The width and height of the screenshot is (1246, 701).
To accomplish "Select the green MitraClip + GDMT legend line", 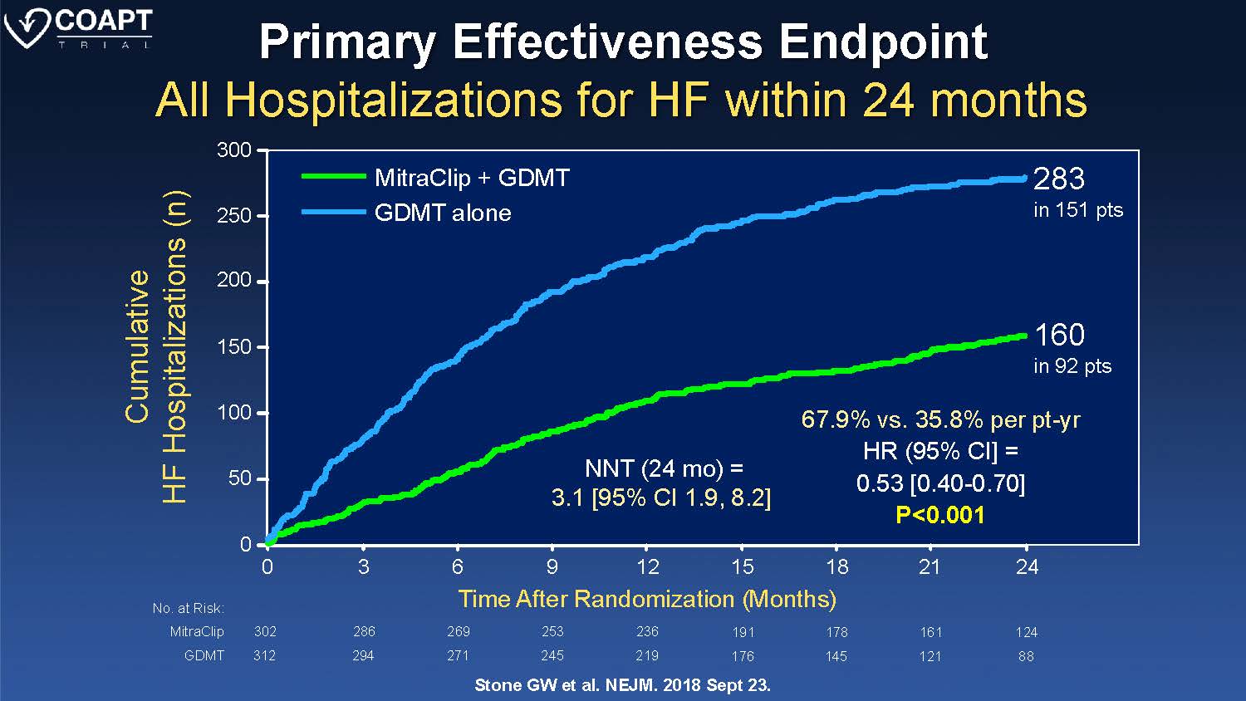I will click(x=333, y=176).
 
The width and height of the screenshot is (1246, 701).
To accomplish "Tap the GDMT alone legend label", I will click(x=443, y=213).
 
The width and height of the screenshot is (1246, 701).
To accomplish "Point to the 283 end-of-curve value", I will click(x=1059, y=179).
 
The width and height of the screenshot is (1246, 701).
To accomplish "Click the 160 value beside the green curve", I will click(x=1059, y=335).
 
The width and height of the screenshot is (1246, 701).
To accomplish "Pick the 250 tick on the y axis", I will click(x=234, y=215).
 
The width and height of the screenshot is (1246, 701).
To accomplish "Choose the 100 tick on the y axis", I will click(x=234, y=413).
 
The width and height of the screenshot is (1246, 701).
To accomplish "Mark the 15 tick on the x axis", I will click(x=742, y=566).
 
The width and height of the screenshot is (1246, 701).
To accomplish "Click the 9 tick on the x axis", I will click(x=552, y=566).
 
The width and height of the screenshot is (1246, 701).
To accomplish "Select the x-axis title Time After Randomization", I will click(x=647, y=599).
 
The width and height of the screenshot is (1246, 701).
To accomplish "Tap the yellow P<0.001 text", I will click(x=940, y=515).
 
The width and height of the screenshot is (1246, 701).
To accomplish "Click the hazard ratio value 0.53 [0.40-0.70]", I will click(x=940, y=483).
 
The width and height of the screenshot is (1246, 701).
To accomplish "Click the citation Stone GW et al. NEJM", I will click(x=622, y=685).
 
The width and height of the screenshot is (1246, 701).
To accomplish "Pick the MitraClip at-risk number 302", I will click(x=265, y=631).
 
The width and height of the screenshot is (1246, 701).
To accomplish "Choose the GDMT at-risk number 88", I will click(x=1026, y=656).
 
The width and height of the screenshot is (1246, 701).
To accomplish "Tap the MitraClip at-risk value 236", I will click(x=647, y=631).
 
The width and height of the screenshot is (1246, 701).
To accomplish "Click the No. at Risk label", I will click(x=189, y=608).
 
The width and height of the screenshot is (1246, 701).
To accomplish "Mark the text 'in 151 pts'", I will click(x=1077, y=210).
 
